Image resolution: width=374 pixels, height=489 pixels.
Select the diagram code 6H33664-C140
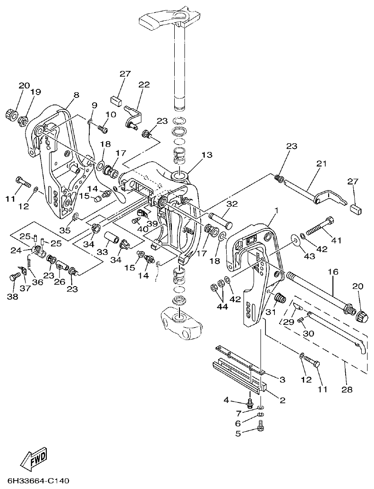click(35, 481)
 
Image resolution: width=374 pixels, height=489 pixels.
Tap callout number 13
click(207, 155)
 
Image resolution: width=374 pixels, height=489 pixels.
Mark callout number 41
click(336, 240)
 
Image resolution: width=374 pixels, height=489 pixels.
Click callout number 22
click(144, 85)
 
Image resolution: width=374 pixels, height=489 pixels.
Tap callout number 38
click(13, 297)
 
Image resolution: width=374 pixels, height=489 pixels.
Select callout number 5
click(238, 432)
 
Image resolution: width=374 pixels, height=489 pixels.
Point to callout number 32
click(231, 204)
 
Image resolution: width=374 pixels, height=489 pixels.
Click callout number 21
click(322, 164)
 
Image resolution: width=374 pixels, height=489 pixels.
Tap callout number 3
click(282, 379)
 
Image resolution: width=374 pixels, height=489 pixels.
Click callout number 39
click(153, 223)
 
